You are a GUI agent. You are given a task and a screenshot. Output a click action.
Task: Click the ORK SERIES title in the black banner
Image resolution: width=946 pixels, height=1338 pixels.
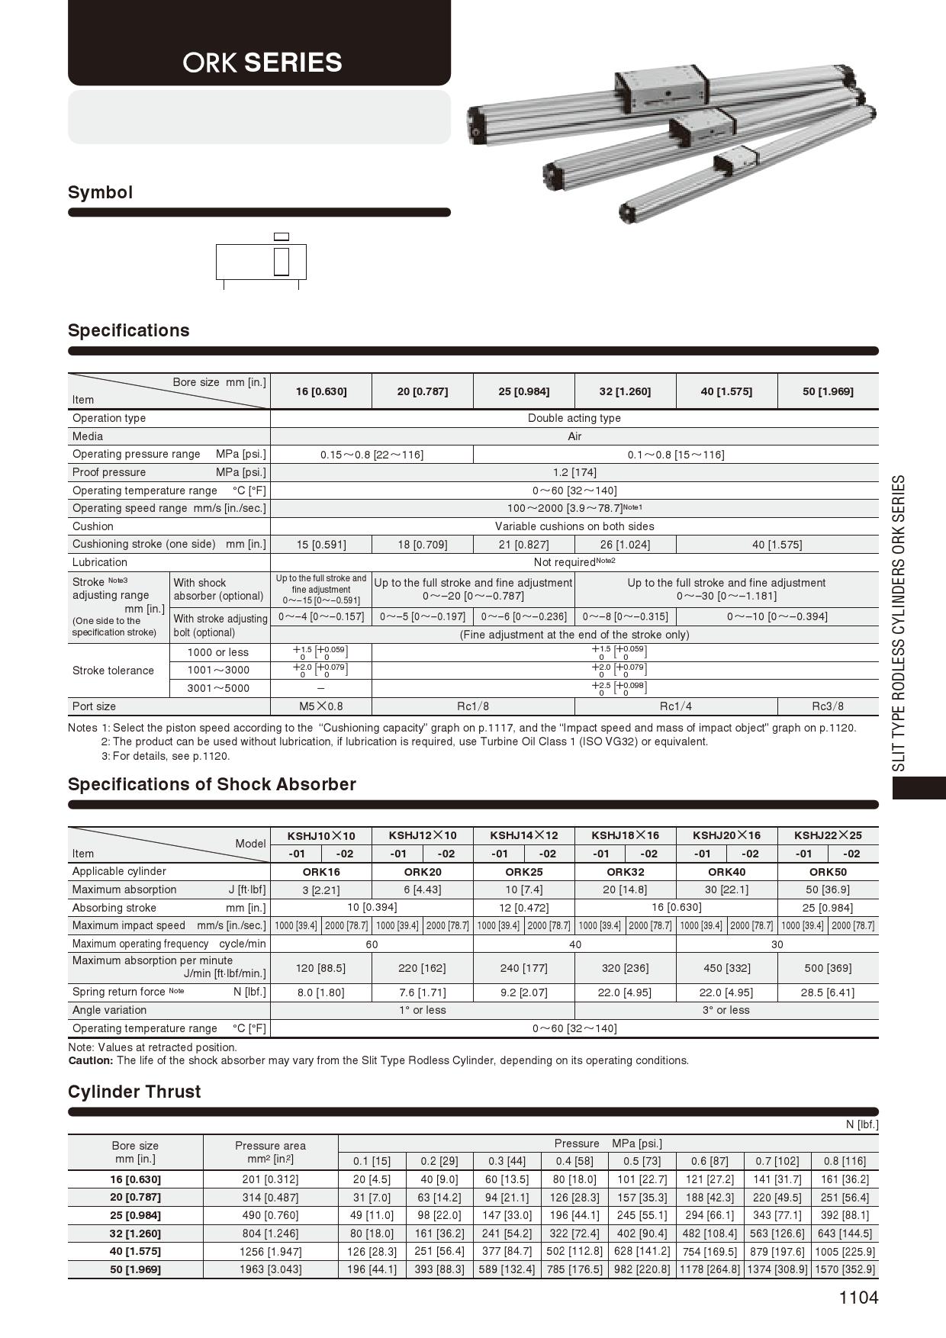click(x=262, y=63)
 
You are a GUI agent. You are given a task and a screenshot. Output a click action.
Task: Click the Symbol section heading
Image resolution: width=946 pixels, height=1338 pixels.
click(x=100, y=192)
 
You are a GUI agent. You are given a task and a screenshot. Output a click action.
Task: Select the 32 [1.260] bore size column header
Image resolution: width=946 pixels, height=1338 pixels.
click(x=625, y=391)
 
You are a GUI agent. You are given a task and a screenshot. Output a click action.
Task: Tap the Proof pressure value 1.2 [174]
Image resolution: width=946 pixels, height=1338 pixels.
click(x=574, y=472)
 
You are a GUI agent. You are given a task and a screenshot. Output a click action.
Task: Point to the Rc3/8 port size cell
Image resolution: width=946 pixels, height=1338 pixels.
click(x=828, y=706)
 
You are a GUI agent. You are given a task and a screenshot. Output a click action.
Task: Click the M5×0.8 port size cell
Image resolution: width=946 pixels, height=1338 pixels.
click(x=320, y=706)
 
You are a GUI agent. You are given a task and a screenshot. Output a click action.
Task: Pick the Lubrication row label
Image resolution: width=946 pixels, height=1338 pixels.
click(x=100, y=562)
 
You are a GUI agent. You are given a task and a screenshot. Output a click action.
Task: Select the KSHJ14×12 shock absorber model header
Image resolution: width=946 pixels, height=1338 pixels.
click(x=523, y=835)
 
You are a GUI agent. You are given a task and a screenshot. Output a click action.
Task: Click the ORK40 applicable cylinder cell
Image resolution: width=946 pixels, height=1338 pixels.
click(x=726, y=872)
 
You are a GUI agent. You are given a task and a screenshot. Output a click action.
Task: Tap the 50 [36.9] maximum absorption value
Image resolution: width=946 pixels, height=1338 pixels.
click(x=828, y=889)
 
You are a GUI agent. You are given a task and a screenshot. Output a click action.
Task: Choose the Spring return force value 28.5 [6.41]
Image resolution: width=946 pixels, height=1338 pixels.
click(x=828, y=992)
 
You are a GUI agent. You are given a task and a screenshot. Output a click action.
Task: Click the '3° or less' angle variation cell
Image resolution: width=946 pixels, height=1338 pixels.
click(x=726, y=1010)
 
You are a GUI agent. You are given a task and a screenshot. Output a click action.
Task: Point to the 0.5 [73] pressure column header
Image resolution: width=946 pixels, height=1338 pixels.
click(x=642, y=1161)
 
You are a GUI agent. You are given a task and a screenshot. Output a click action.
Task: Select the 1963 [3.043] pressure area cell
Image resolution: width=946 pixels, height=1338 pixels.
click(x=270, y=1269)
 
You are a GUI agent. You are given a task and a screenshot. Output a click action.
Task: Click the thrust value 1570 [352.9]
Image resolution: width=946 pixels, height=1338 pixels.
click(x=845, y=1269)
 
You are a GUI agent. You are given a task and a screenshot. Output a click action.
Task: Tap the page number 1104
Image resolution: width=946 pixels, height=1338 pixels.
click(x=858, y=1298)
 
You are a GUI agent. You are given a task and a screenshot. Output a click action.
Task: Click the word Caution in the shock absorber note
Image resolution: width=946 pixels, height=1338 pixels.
click(x=90, y=1060)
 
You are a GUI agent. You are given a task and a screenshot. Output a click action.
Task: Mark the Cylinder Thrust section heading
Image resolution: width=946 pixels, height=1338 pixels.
click(x=134, y=1092)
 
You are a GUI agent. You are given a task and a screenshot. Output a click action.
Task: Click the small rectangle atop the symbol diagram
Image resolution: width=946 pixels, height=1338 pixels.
click(x=281, y=236)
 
